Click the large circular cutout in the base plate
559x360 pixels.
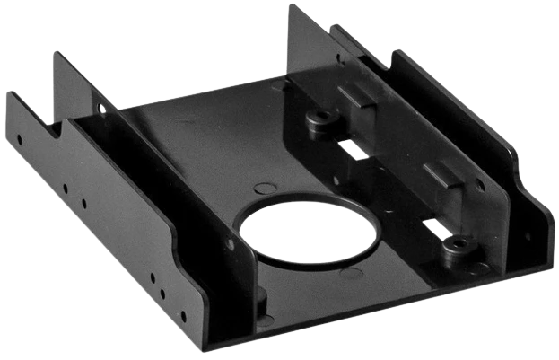pyautogui.click(x=309, y=232)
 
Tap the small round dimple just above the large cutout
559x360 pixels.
pyautogui.click(x=266, y=188)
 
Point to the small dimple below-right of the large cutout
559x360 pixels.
pyautogui.click(x=352, y=272)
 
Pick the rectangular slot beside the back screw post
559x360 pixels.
pyautogui.click(x=356, y=149)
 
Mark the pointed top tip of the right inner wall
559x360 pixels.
pyautogui.click(x=294, y=7)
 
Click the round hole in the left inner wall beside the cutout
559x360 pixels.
pyautogui.click(x=231, y=243)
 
